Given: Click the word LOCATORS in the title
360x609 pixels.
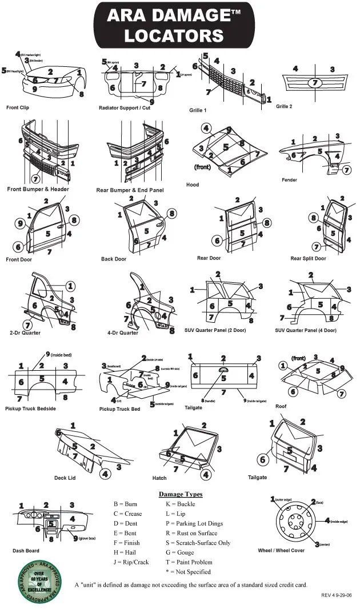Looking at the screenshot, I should pyautogui.click(x=175, y=35).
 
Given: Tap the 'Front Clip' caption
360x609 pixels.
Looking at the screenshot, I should pyautogui.click(x=18, y=107).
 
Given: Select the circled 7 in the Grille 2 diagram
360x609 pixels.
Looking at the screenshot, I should pyautogui.click(x=314, y=83).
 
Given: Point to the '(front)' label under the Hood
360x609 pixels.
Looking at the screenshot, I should pyautogui.click(x=203, y=167).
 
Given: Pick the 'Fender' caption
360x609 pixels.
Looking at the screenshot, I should pyautogui.click(x=289, y=180).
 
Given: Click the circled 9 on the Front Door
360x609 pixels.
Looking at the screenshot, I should pyautogui.click(x=20, y=223).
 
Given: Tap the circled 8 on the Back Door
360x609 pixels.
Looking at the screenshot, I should pyautogui.click(x=171, y=214).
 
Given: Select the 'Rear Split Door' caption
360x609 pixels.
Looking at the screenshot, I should pyautogui.click(x=308, y=259).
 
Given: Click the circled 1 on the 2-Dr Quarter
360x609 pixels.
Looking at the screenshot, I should pyautogui.click(x=70, y=286).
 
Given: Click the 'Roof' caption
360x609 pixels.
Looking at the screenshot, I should pyautogui.click(x=281, y=406).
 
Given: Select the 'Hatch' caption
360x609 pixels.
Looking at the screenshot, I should pyautogui.click(x=159, y=478).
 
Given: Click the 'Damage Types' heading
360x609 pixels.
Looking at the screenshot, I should pyautogui.click(x=180, y=494).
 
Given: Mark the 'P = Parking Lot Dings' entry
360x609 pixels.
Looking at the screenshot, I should pyautogui.click(x=194, y=523).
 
